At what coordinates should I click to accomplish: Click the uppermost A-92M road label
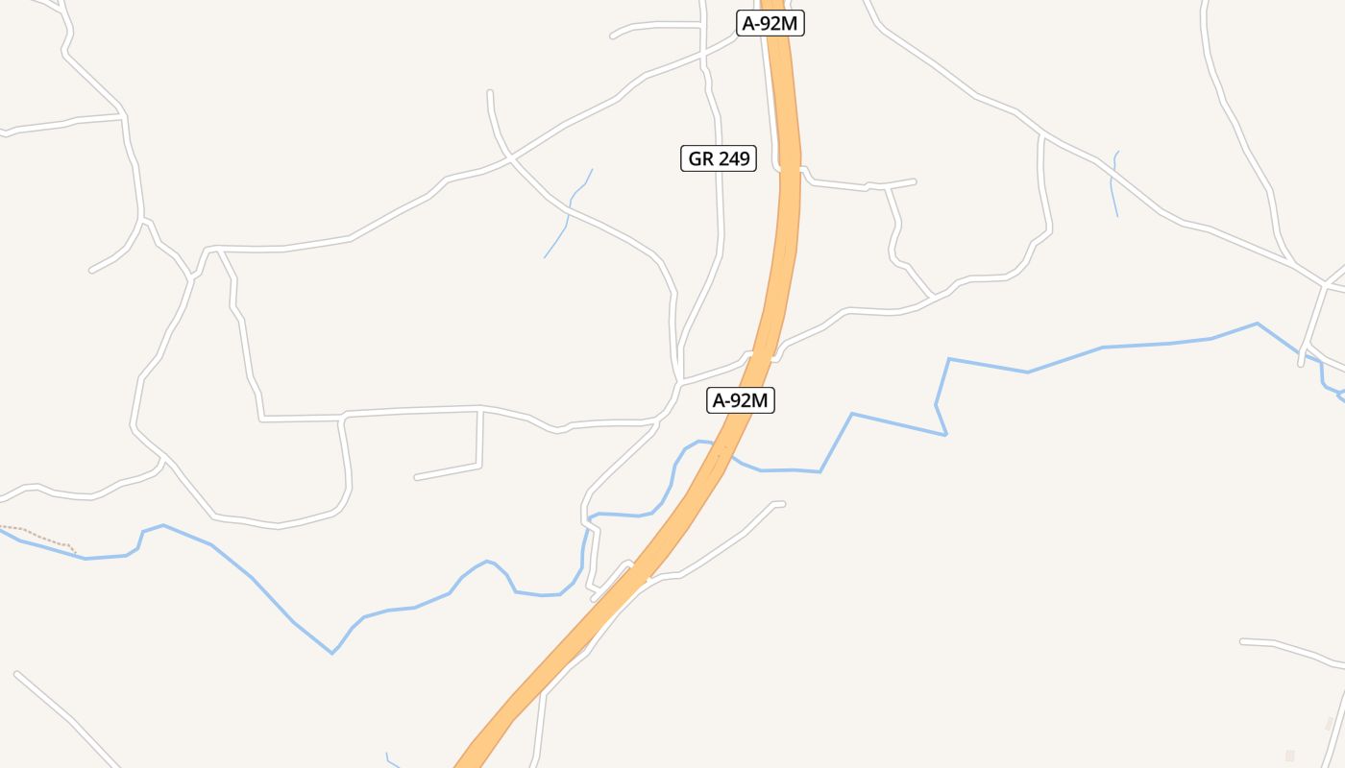[770, 24]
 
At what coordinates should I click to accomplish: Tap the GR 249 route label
[719, 158]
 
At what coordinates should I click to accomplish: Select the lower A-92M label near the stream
[741, 400]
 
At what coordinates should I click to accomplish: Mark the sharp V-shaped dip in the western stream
[332, 653]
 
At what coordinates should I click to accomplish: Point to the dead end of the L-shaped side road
[416, 477]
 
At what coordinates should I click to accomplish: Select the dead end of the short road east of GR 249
[913, 180]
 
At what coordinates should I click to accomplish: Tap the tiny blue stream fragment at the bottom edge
[389, 759]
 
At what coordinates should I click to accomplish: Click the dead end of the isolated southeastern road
[1243, 640]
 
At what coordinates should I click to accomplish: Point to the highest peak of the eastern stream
[1257, 324]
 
